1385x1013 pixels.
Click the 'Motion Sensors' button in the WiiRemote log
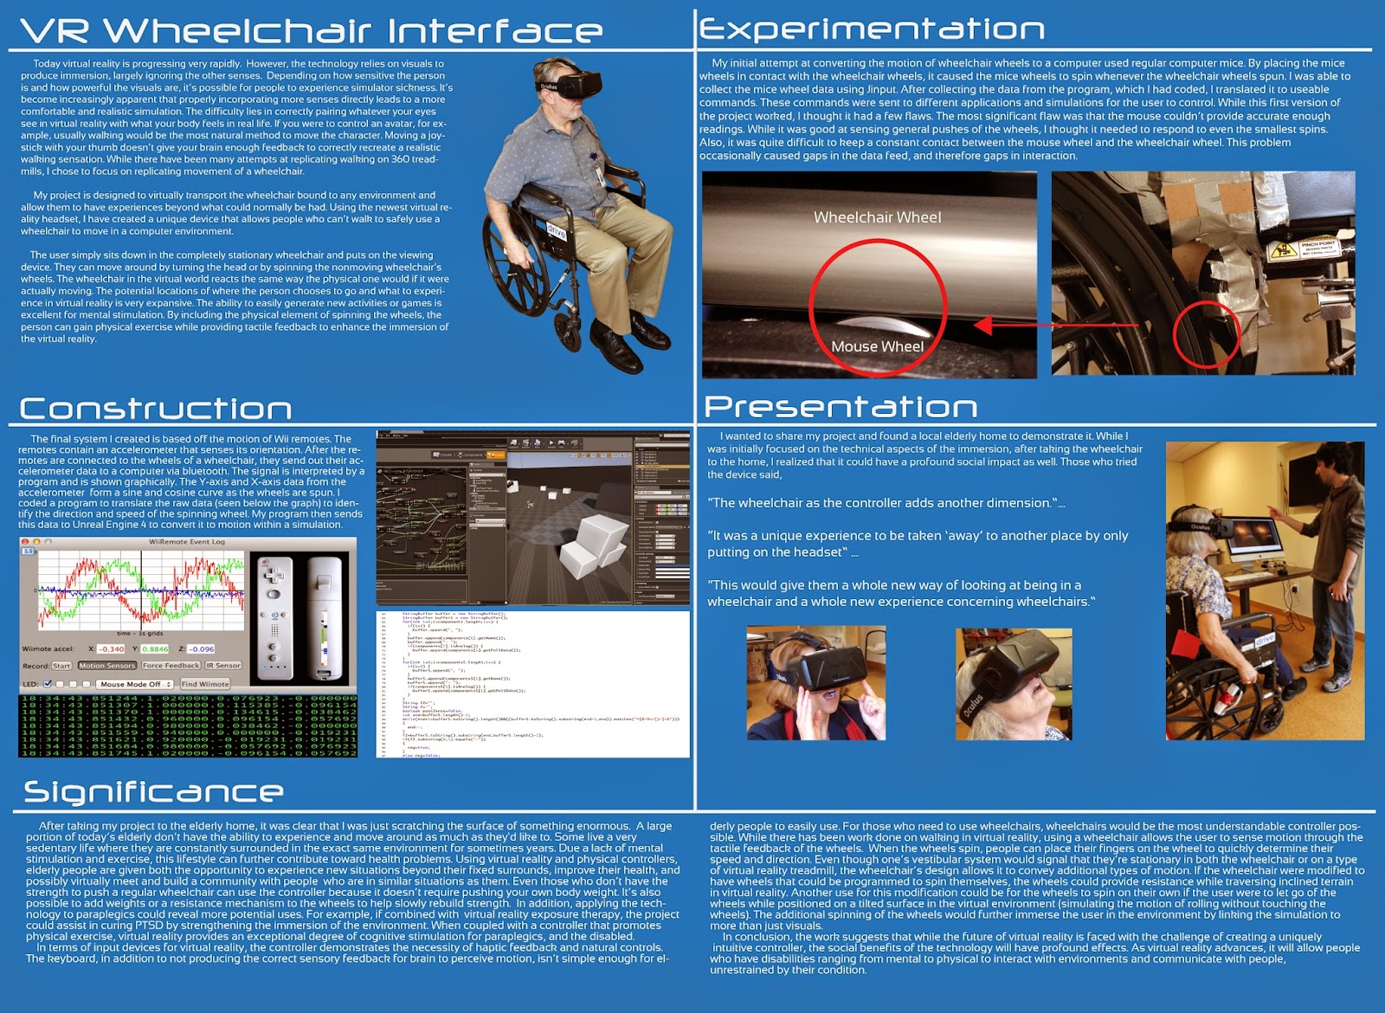tap(107, 665)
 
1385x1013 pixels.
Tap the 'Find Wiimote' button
tap(205, 683)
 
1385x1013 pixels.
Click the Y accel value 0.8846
tap(155, 648)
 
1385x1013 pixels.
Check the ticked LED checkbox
tap(47, 683)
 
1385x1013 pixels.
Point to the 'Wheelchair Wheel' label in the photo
tap(877, 217)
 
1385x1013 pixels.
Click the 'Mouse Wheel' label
tap(877, 346)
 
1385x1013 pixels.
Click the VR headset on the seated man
tap(572, 85)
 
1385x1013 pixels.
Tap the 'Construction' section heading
tap(156, 408)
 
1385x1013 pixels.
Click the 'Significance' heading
tap(153, 791)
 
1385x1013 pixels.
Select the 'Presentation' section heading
tap(841, 406)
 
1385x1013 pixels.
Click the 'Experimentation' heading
tap(872, 29)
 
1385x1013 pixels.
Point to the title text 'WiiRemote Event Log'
tap(187, 542)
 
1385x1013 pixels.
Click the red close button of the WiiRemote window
tap(26, 542)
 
